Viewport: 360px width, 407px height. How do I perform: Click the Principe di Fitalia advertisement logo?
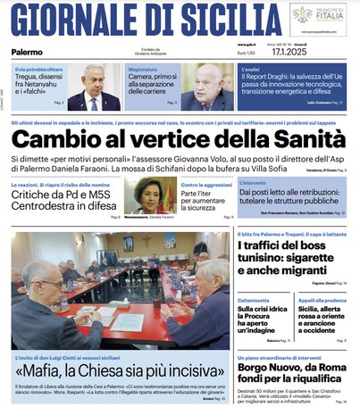click(317, 18)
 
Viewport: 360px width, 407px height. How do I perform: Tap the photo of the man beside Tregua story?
click(95, 87)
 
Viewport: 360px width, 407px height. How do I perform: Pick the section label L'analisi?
click(252, 69)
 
